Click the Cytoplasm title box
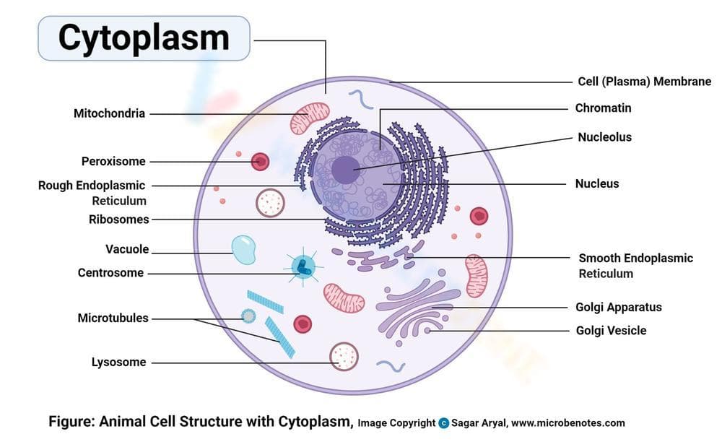[x=143, y=38]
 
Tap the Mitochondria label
[x=109, y=113]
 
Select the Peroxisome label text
[x=113, y=161]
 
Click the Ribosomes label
[x=118, y=219]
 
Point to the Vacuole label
[x=127, y=249]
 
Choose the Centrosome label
[x=110, y=273]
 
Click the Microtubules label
[x=113, y=318]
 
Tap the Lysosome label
[x=118, y=362]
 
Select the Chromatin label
[x=603, y=108]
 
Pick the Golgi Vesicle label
[x=611, y=331]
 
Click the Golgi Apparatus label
[x=618, y=307]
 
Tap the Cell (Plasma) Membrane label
[x=644, y=82]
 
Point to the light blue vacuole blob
[x=243, y=250]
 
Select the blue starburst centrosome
[x=303, y=267]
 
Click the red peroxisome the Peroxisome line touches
[x=260, y=162]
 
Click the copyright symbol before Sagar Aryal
[x=443, y=423]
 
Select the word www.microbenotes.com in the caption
[x=567, y=423]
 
